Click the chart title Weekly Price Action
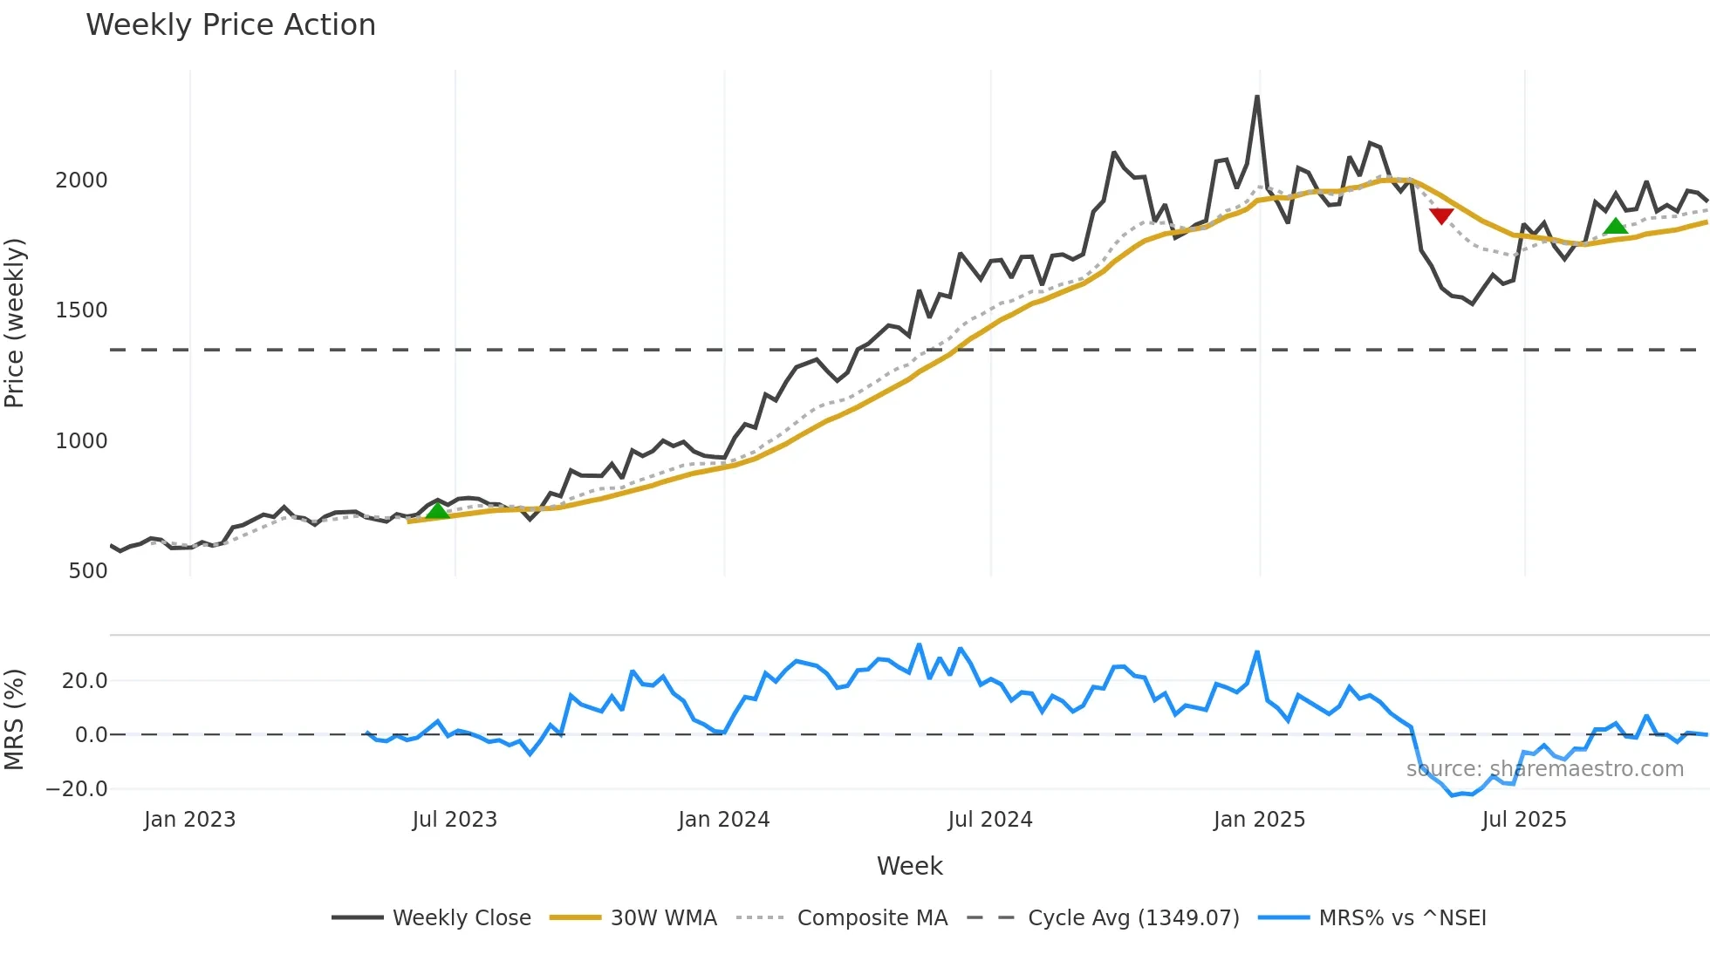pos(230,25)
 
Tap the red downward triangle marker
pos(1441,215)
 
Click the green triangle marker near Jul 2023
pos(437,511)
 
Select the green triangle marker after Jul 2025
pos(1615,227)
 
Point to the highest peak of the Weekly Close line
pos(1257,97)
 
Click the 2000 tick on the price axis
pos(81,181)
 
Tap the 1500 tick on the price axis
pos(81,310)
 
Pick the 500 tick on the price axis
pos(88,571)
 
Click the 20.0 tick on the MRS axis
pos(85,681)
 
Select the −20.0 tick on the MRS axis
pos(77,789)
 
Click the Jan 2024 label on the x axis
pos(723,820)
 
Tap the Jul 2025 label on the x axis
pos(1524,820)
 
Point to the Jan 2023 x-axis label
pos(189,820)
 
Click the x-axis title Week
pos(909,866)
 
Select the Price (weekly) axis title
pos(15,323)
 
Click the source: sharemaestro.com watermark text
pos(1544,769)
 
